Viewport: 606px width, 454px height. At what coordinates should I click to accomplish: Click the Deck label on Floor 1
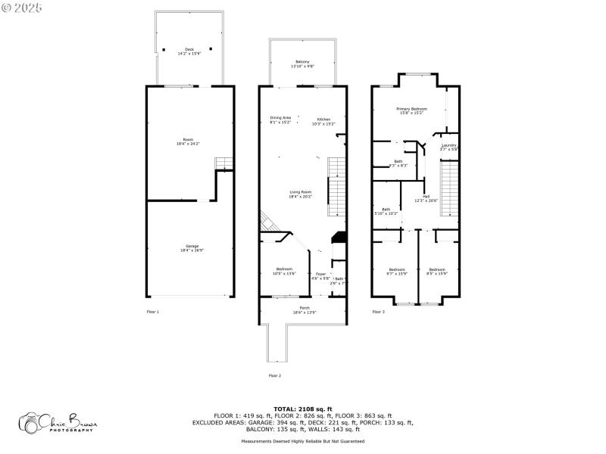click(189, 51)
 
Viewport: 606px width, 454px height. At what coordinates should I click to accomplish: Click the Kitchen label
click(323, 120)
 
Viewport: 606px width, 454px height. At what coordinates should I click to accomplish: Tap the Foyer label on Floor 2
click(321, 275)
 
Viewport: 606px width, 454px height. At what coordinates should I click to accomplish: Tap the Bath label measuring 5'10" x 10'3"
click(386, 211)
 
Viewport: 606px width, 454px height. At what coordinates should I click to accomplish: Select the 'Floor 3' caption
click(378, 312)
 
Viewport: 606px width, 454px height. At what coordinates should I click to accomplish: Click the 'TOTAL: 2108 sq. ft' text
click(303, 409)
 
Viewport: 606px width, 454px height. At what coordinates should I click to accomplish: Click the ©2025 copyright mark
click(22, 7)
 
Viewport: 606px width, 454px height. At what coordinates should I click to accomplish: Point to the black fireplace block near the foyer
click(339, 238)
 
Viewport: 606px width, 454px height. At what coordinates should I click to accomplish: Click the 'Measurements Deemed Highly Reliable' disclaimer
click(303, 441)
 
